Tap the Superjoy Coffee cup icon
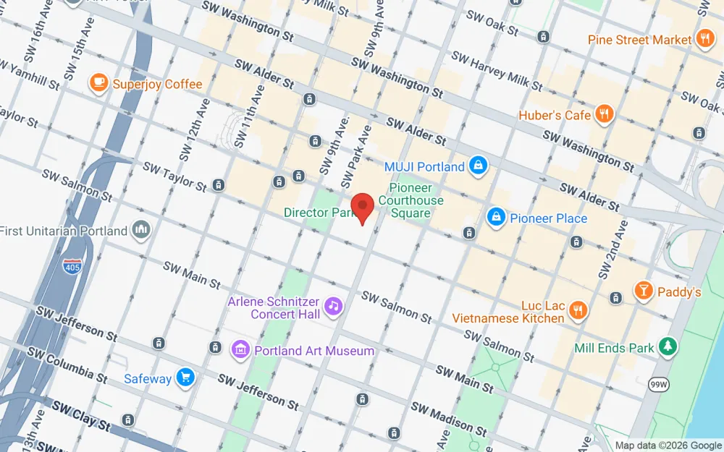point(98,84)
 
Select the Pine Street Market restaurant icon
point(704,40)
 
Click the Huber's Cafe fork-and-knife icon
point(604,114)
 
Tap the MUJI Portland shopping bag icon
point(477,166)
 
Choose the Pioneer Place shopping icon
point(496,218)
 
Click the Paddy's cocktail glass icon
point(642,291)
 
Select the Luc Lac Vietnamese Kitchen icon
point(578,311)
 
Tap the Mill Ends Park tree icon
point(667,347)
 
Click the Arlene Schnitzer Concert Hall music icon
point(333,307)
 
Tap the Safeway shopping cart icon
point(186,378)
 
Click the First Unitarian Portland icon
point(141,231)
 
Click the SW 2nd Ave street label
point(613,250)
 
